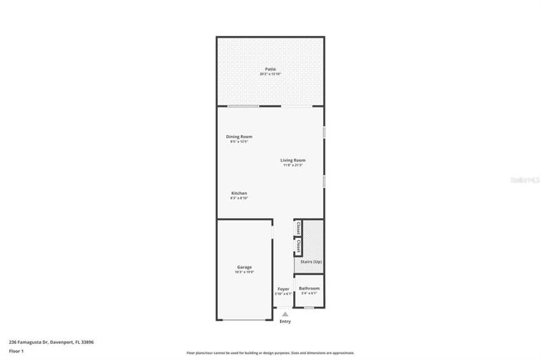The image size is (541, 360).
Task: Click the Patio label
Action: tap(270, 68)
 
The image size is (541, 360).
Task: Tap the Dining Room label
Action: tap(239, 137)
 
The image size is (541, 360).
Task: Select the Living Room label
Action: tap(292, 160)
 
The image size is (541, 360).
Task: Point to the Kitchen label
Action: tap(239, 193)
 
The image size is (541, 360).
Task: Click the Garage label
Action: tap(244, 267)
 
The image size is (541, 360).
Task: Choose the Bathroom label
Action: tap(309, 289)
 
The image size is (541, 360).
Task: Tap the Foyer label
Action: tap(283, 289)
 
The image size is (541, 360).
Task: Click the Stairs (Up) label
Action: tap(311, 262)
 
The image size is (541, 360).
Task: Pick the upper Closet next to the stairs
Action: tap(298, 228)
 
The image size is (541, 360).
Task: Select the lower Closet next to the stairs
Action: tap(298, 246)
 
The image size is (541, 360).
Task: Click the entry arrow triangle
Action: tap(285, 314)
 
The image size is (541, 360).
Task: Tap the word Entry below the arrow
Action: tap(285, 322)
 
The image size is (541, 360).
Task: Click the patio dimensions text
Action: tap(270, 74)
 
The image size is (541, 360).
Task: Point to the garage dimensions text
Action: tap(244, 272)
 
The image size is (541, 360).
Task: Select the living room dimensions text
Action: tap(292, 165)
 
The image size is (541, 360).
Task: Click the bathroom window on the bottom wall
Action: tap(308, 308)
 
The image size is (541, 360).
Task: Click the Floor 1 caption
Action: tap(16, 351)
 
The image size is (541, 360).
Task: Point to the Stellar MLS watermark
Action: tap(526, 180)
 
